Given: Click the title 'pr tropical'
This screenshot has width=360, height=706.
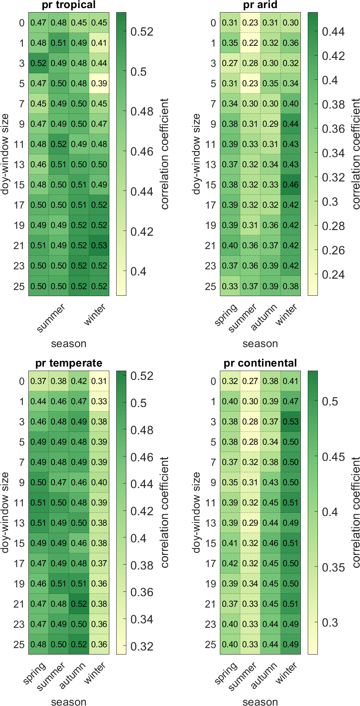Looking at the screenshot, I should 68,5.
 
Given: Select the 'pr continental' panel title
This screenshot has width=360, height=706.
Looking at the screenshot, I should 260,363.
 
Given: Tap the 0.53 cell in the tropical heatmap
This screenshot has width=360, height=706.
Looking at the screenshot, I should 99,245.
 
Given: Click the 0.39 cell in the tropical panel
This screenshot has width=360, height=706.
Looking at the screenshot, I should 99,83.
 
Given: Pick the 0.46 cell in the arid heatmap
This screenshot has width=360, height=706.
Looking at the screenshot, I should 291,185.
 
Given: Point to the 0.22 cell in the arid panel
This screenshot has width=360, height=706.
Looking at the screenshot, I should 250,43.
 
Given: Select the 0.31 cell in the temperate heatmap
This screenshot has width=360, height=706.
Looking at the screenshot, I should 99,381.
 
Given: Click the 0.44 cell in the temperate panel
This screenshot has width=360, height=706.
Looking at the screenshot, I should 38,401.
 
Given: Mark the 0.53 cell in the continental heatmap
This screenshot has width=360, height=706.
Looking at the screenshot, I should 291,422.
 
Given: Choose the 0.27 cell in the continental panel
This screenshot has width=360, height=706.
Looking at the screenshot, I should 250,381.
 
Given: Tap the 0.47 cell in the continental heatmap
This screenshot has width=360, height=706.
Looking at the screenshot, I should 291,401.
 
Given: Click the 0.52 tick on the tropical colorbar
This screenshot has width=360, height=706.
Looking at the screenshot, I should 142,32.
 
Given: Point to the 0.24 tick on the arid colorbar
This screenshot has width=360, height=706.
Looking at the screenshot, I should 333,275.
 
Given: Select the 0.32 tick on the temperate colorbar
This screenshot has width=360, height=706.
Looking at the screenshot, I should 142,646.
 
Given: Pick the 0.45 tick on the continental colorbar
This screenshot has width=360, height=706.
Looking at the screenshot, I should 333,457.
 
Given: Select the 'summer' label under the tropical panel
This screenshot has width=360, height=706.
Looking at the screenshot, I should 51,318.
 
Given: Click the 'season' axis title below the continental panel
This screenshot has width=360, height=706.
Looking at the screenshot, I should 260,702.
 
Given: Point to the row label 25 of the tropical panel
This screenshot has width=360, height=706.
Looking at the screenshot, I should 19,286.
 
